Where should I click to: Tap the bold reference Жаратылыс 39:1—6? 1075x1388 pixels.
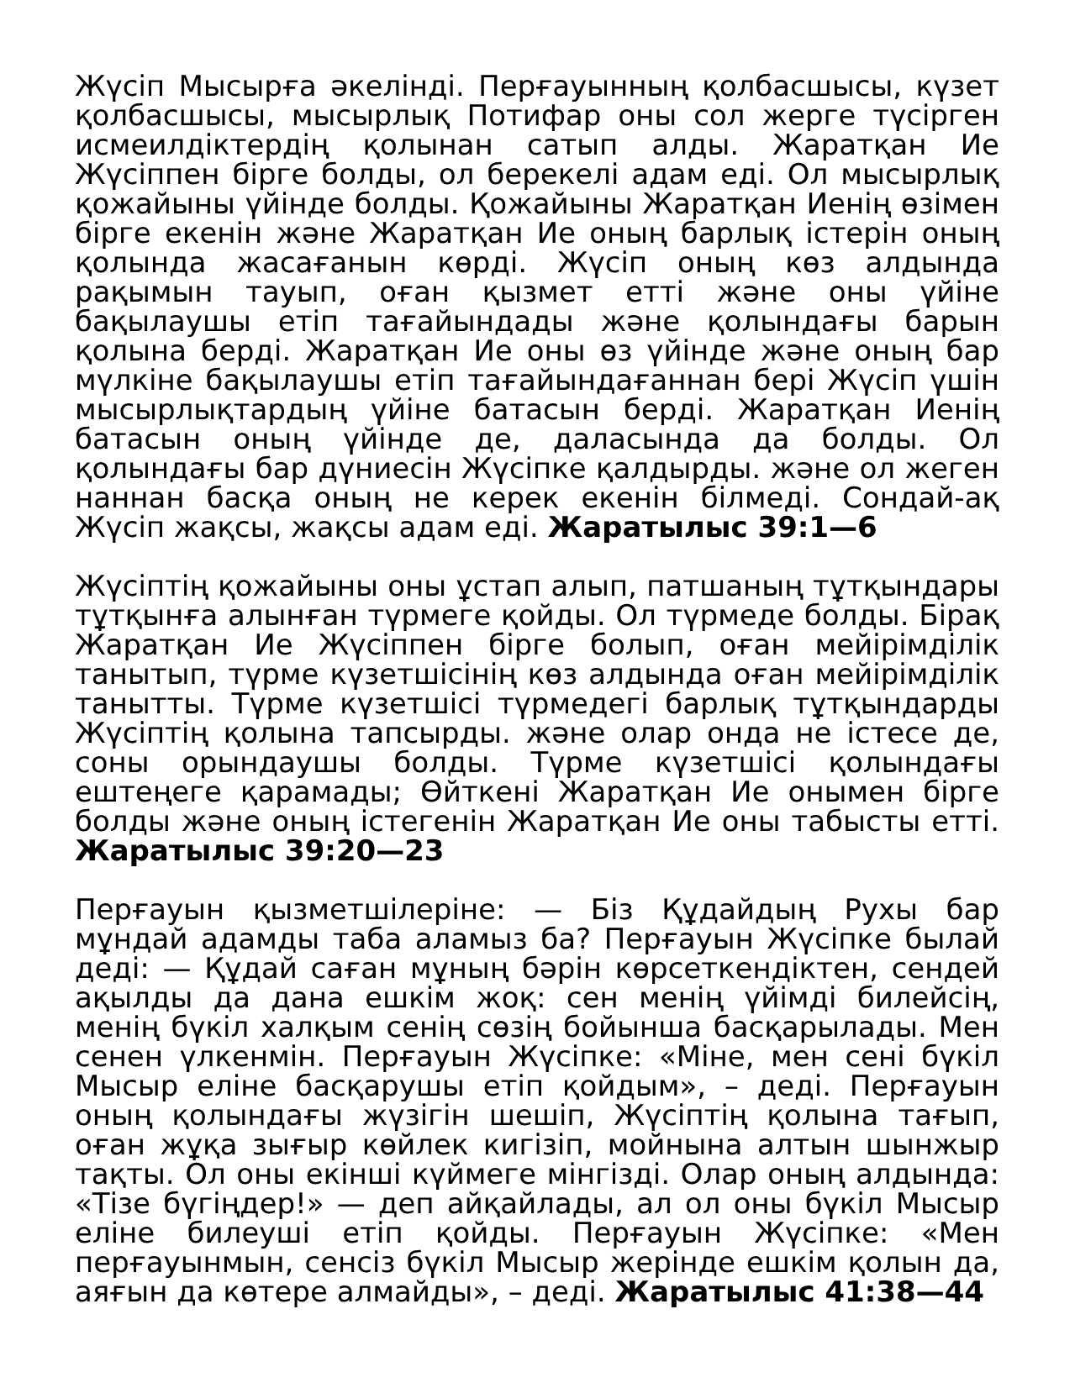[x=712, y=528]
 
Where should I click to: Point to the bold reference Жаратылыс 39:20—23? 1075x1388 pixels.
[x=259, y=851]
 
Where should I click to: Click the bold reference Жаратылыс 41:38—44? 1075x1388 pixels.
[x=798, y=1292]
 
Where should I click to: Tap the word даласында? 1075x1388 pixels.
[x=637, y=439]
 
